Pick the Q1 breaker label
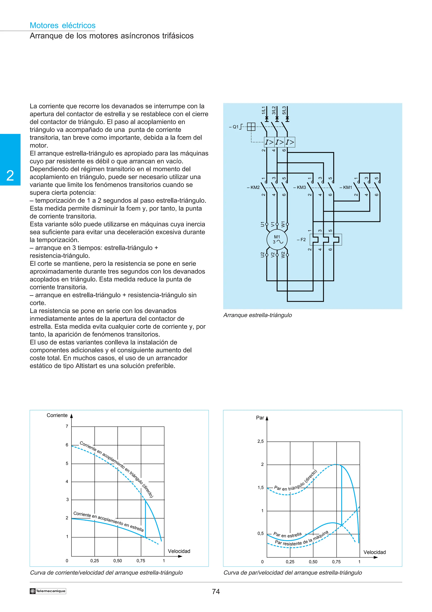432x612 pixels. pyautogui.click(x=234, y=127)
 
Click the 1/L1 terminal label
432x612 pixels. pyautogui.click(x=263, y=110)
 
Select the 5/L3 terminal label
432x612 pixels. pyautogui.click(x=284, y=110)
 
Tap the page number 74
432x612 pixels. pyautogui.click(x=216, y=592)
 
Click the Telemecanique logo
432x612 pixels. pyautogui.click(x=48, y=591)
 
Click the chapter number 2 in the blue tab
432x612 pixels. pyautogui.click(x=10, y=176)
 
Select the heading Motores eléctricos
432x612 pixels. pyautogui.click(x=63, y=25)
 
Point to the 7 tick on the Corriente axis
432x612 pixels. pyautogui.click(x=67, y=426)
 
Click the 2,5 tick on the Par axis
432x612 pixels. pyautogui.click(x=260, y=441)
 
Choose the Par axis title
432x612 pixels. pyautogui.click(x=260, y=418)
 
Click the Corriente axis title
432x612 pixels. pyautogui.click(x=57, y=415)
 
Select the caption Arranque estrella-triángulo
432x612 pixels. pyautogui.click(x=257, y=315)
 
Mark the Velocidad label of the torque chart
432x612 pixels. pyautogui.click(x=374, y=552)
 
